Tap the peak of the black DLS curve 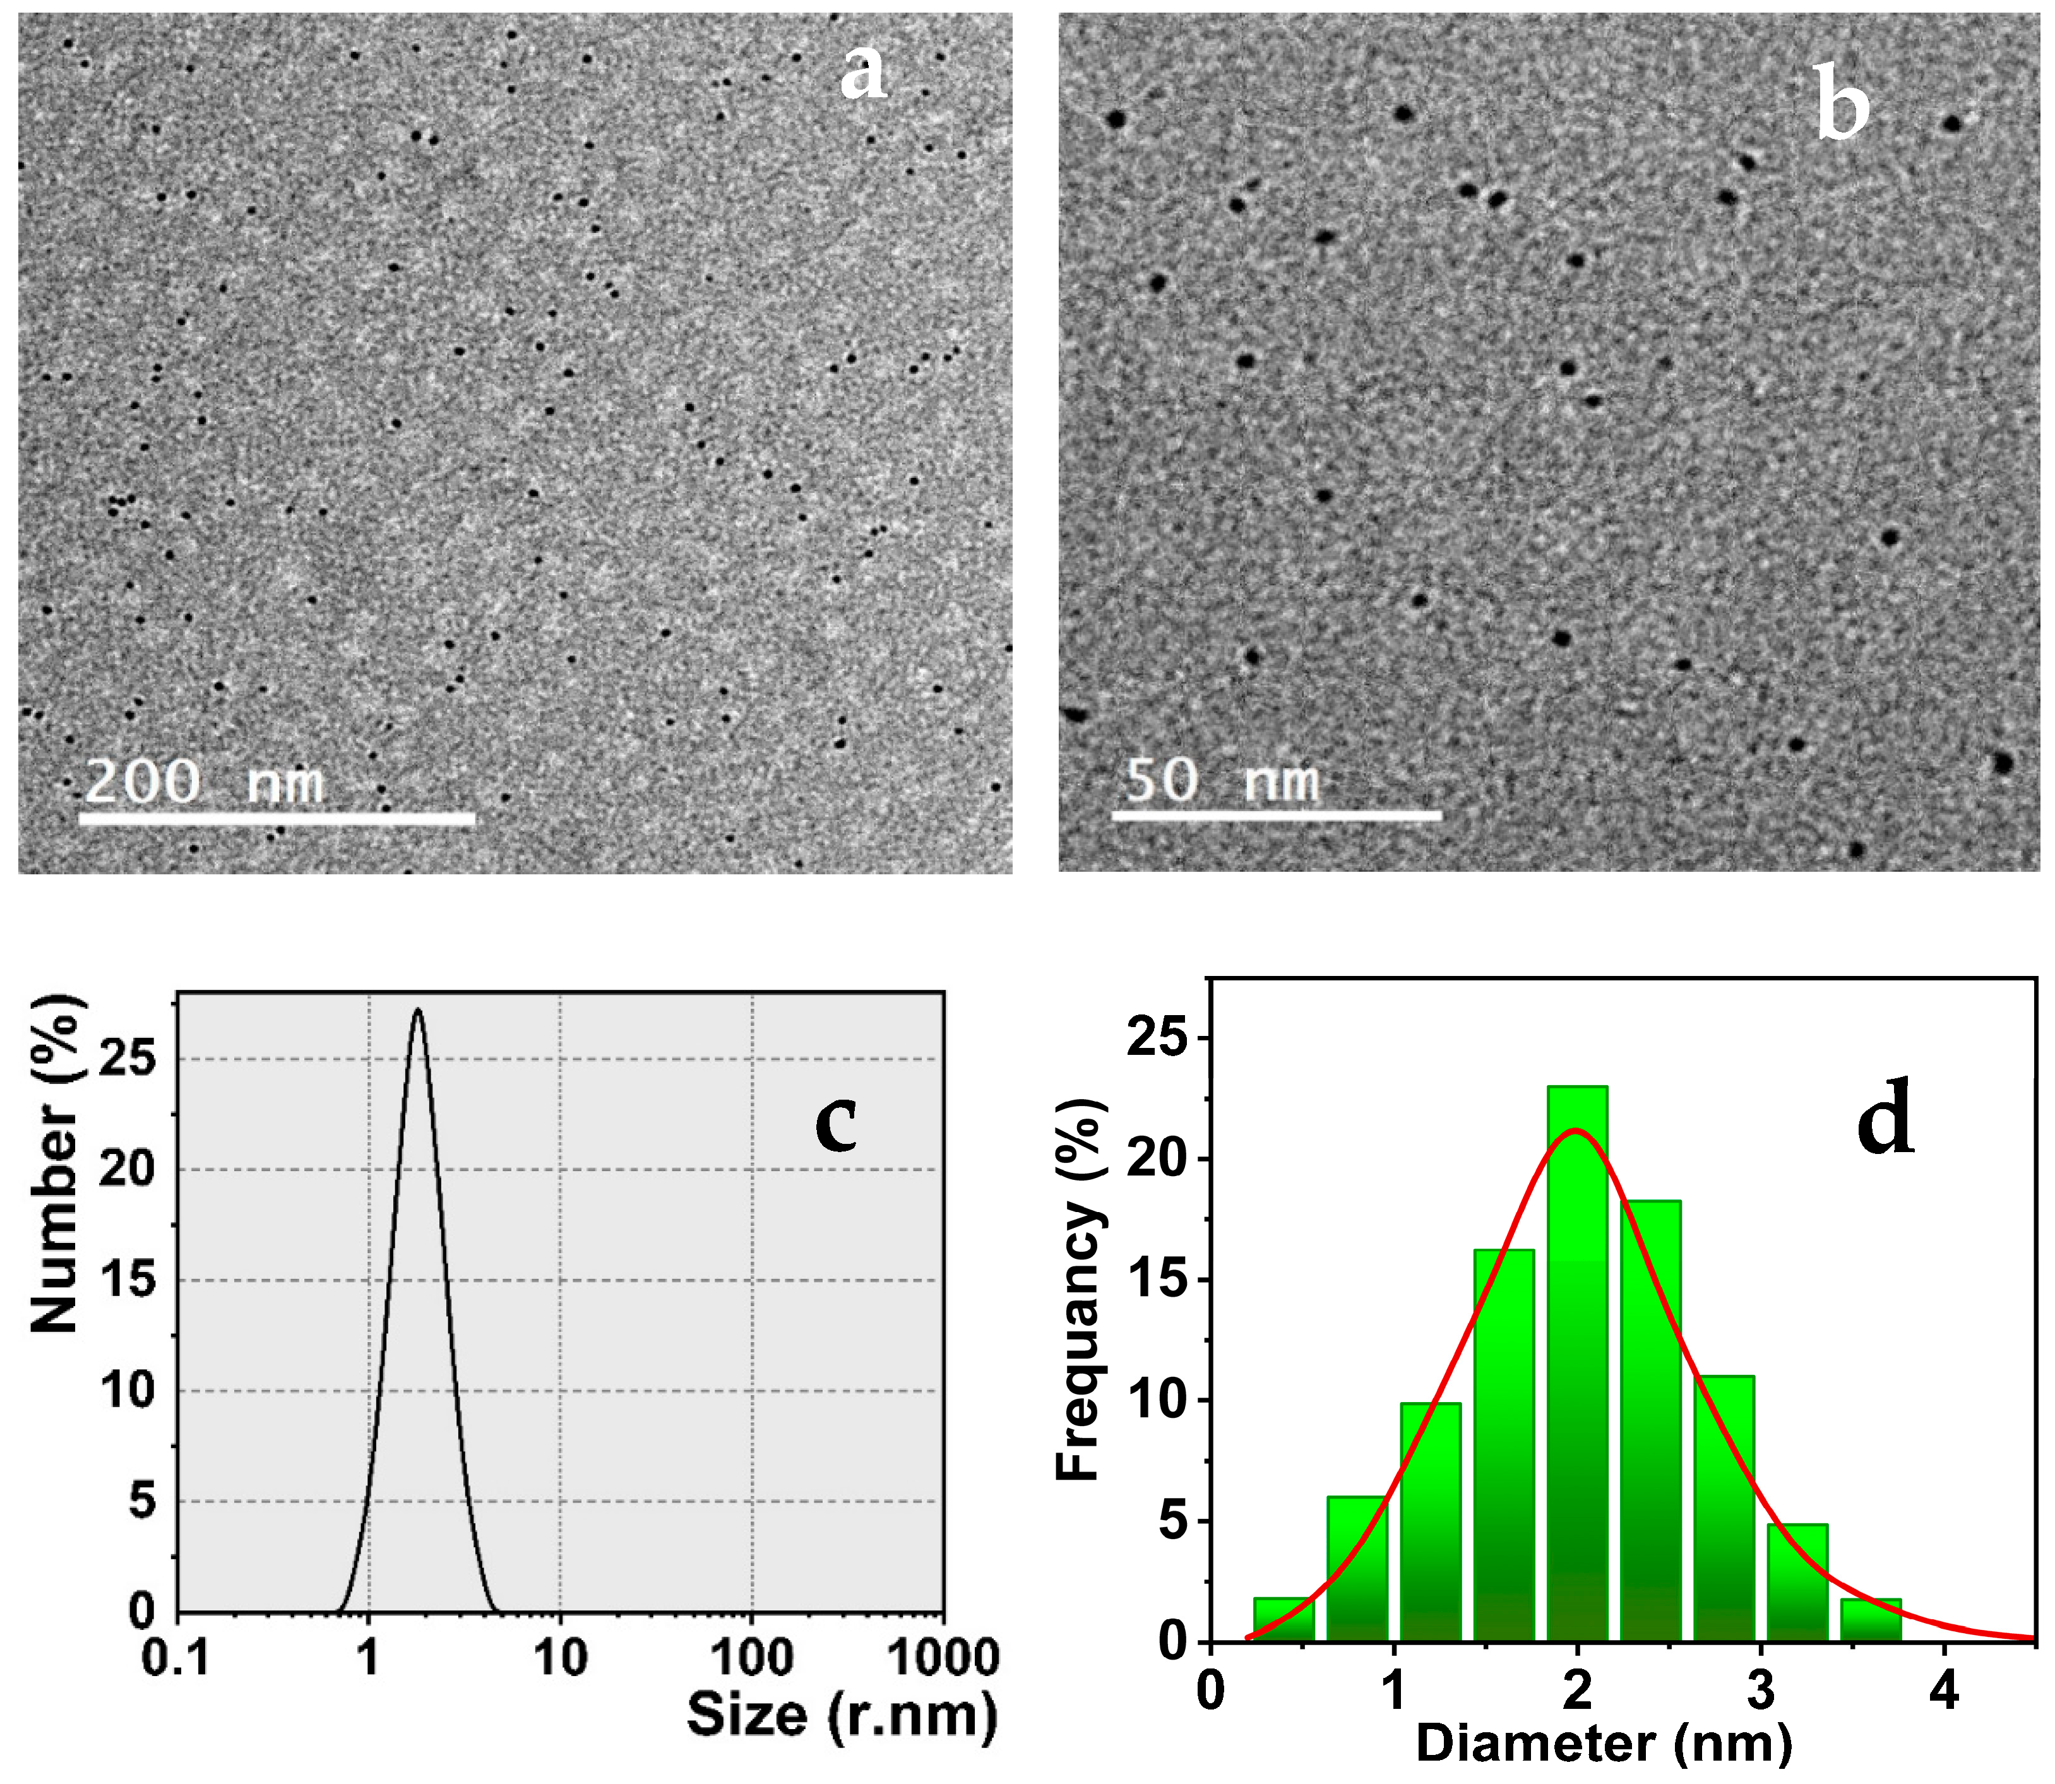[417, 1011]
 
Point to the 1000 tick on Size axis [942, 1658]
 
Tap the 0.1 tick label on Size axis [176, 1658]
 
